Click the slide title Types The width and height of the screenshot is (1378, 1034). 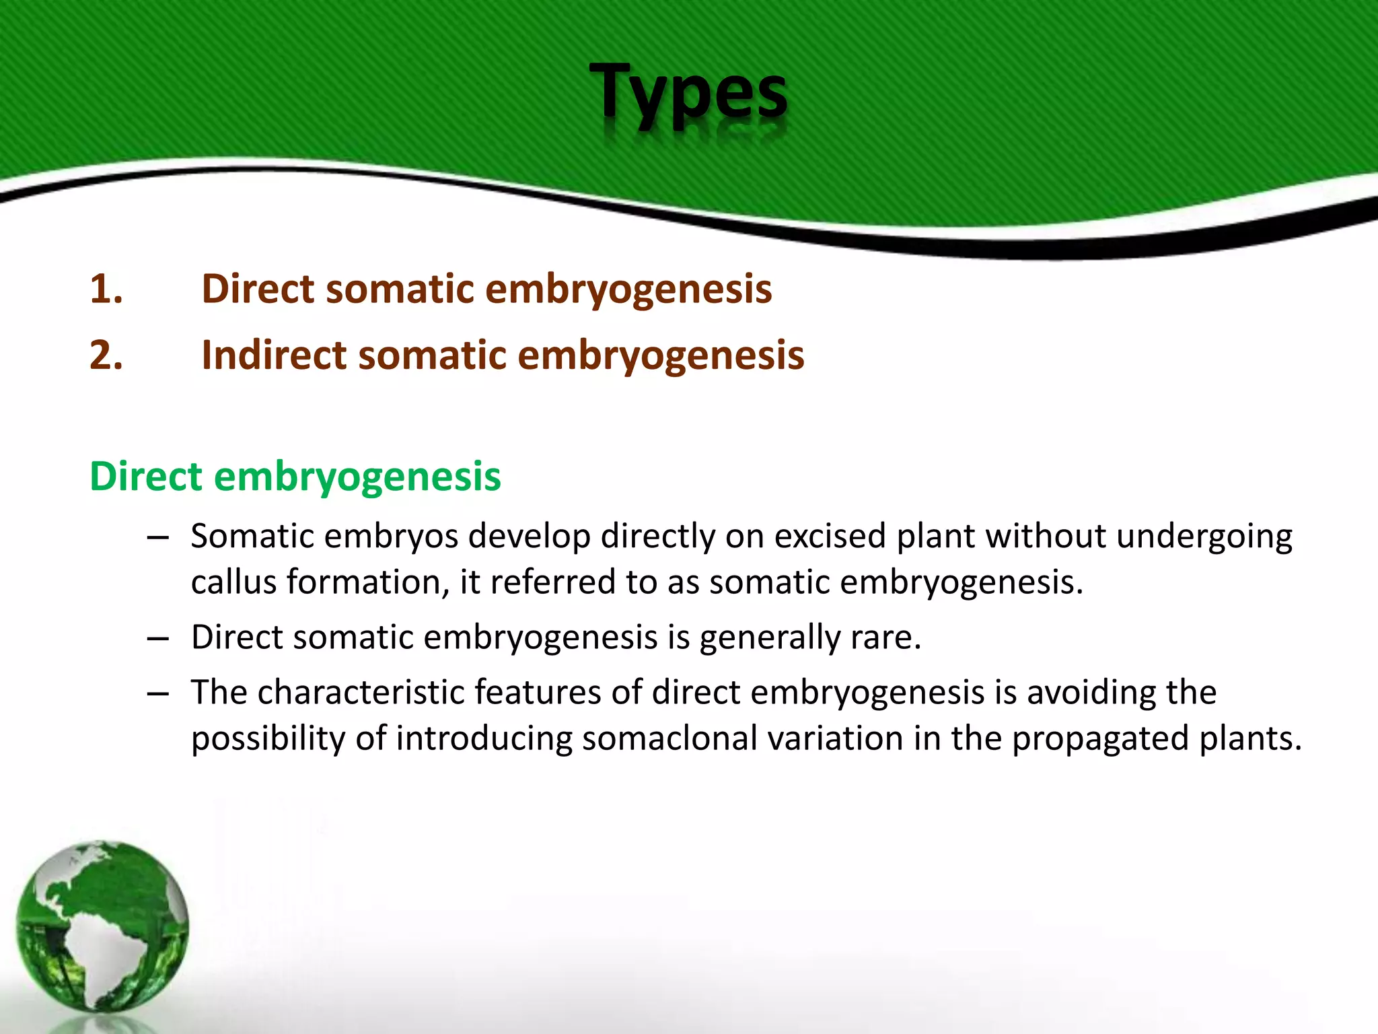pos(688,92)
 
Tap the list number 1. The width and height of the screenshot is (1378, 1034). pos(106,289)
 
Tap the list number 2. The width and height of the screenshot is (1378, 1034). pos(106,355)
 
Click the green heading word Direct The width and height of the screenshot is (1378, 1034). pos(145,476)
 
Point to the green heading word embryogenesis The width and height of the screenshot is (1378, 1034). pos(357,477)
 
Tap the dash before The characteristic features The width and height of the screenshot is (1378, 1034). pos(157,693)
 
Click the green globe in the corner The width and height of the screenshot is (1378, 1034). pos(102,926)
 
